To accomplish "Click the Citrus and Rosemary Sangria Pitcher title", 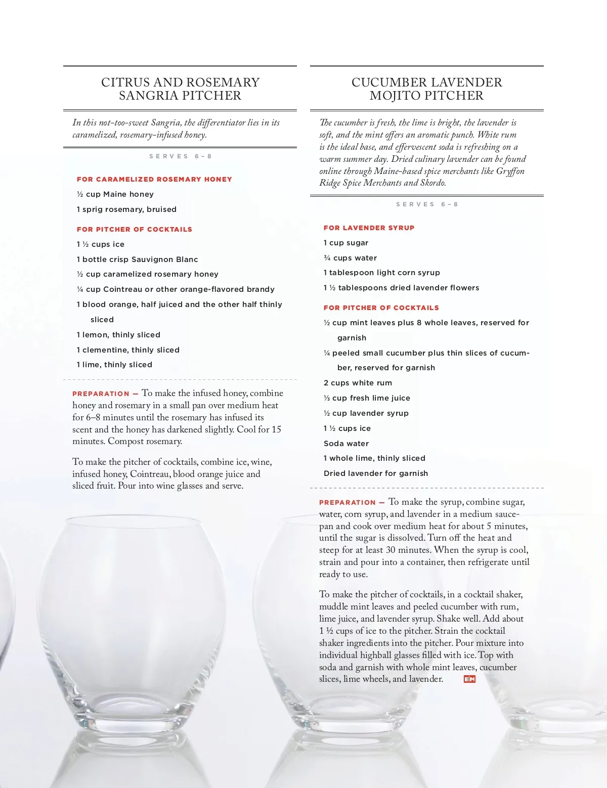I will (180, 89).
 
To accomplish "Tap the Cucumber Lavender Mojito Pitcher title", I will (426, 89).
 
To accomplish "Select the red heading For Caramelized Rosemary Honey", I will (154, 179).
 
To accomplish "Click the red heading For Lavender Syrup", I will (369, 228).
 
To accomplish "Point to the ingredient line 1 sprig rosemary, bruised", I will (126, 209).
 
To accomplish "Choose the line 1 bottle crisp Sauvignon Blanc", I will (137, 259).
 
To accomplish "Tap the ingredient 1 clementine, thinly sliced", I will (128, 350).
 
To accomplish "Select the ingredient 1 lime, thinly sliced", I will (114, 365).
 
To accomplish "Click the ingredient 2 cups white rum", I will (358, 383).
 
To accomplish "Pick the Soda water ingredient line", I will (346, 444).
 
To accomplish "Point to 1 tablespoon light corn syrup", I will (381, 273).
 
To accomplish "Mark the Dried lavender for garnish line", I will (375, 473).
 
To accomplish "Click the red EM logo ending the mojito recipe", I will (469, 679).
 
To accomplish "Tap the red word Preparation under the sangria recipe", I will (101, 393).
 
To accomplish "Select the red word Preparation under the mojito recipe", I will (348, 502).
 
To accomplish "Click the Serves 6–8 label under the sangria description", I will (180, 156).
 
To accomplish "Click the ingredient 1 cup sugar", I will (346, 243).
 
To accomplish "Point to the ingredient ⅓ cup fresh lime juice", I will (367, 398).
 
